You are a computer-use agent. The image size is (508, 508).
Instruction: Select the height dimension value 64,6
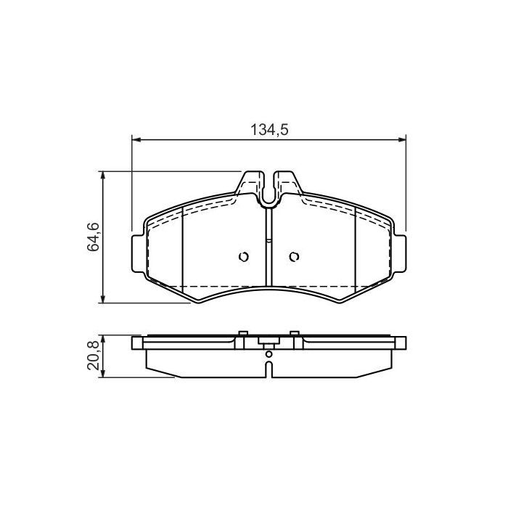[93, 237]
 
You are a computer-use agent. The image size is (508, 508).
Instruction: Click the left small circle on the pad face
[243, 256]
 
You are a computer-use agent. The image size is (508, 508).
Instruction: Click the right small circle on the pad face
[294, 256]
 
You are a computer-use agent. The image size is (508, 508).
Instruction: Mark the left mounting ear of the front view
[137, 255]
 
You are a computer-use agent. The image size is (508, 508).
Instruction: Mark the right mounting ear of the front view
[400, 255]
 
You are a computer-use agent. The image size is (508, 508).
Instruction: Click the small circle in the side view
[269, 354]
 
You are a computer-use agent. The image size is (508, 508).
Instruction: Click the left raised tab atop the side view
[241, 335]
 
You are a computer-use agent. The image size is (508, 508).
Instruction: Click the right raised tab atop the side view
[295, 335]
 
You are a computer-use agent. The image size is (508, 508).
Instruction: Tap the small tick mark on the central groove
[269, 240]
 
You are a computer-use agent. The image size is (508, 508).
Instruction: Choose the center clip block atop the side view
[268, 343]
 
